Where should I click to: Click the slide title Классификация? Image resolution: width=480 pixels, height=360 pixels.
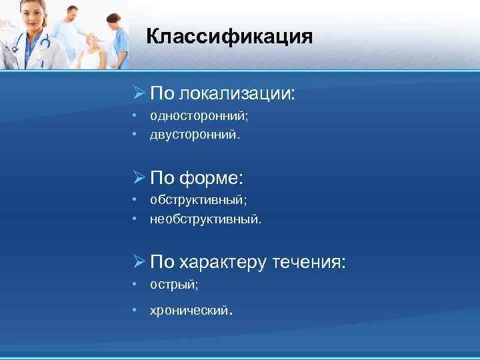click(x=229, y=36)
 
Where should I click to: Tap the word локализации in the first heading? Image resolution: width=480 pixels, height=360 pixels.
click(x=237, y=93)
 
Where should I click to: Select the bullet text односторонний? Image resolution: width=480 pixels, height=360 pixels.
click(x=198, y=116)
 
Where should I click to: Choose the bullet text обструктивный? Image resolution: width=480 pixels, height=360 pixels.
click(x=197, y=199)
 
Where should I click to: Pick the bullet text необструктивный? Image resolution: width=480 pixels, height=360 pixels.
click(x=205, y=218)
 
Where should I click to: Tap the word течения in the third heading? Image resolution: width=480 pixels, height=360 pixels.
click(x=310, y=262)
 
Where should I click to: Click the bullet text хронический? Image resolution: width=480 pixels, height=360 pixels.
click(x=189, y=310)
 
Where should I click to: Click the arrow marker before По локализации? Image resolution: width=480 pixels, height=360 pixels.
click(x=138, y=93)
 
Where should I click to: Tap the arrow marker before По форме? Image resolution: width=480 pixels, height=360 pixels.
click(x=138, y=178)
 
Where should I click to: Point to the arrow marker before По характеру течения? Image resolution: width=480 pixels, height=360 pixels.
click(x=138, y=262)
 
